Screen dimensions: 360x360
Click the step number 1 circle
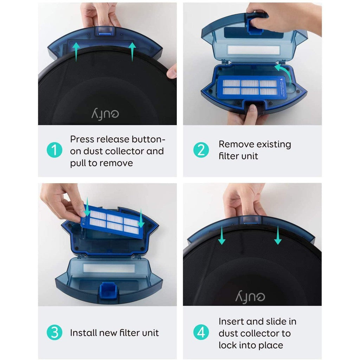pyautogui.click(x=54, y=150)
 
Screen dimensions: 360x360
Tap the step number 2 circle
pyautogui.click(x=201, y=150)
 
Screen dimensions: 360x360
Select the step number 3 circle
pyautogui.click(x=54, y=333)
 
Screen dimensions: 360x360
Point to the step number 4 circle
pyautogui.click(x=201, y=333)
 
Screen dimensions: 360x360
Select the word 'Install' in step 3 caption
pyautogui.click(x=83, y=333)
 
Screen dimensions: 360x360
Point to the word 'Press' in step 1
pyautogui.click(x=82, y=139)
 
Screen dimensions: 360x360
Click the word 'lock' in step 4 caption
pyautogui.click(x=227, y=345)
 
